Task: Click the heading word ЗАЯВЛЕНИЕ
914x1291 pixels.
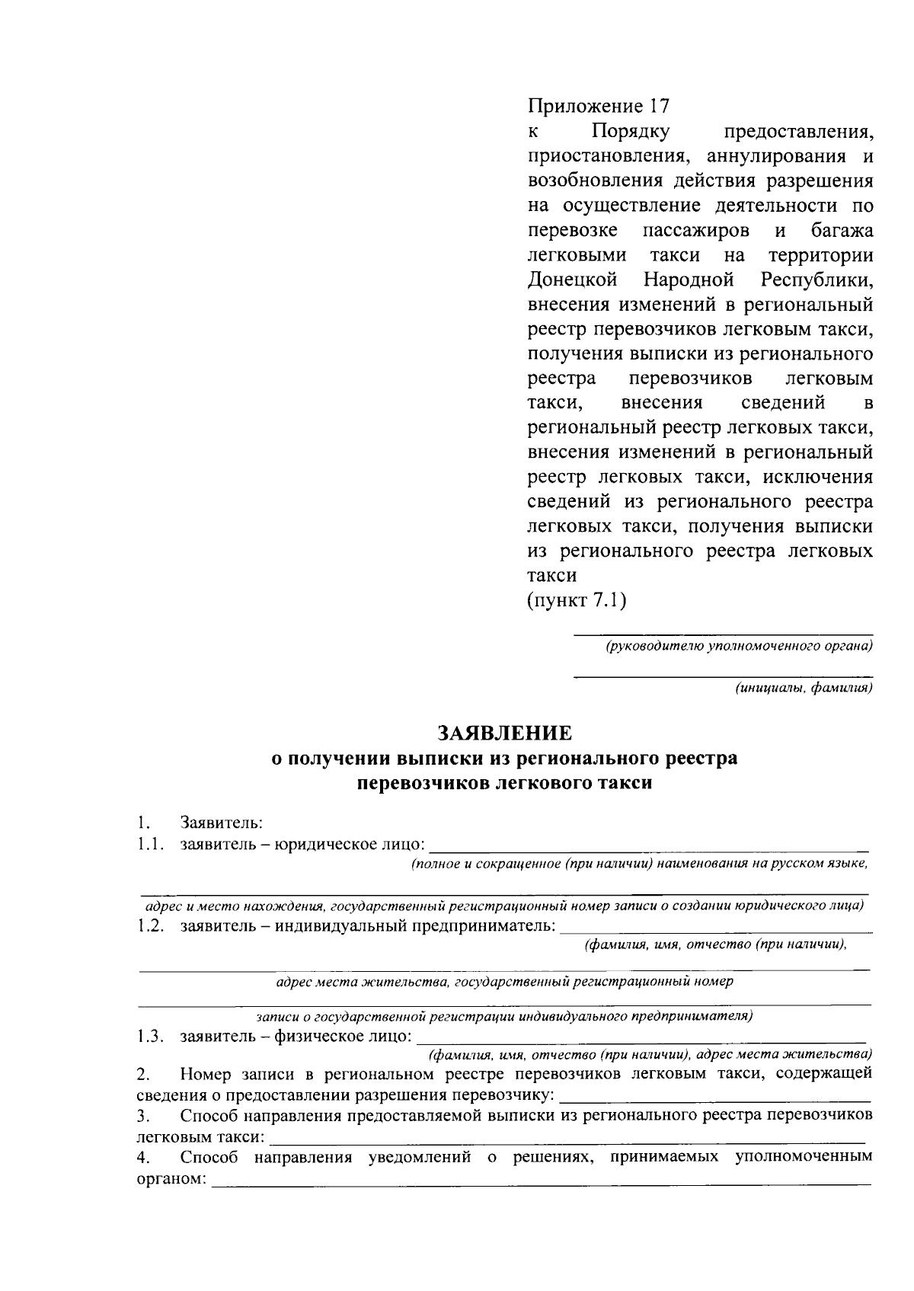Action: pos(504,733)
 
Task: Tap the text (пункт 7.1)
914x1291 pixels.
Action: pos(577,600)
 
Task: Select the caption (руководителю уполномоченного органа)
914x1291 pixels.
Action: pos(739,647)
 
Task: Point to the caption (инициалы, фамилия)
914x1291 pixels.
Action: pos(803,689)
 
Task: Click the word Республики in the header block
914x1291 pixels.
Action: pos(817,279)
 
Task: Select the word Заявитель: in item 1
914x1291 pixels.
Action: pos(221,823)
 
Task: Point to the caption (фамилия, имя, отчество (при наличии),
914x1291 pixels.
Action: pos(715,945)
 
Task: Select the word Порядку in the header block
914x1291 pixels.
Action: pos(631,131)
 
